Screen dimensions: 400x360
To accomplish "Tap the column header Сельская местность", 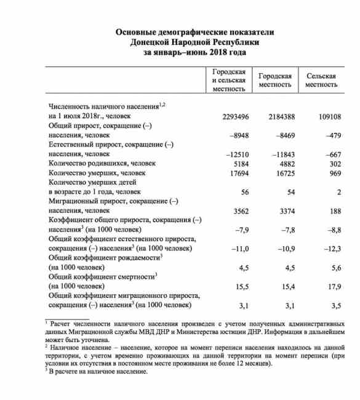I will click(321, 80).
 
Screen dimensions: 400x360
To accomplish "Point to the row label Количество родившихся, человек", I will click(102, 164).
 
